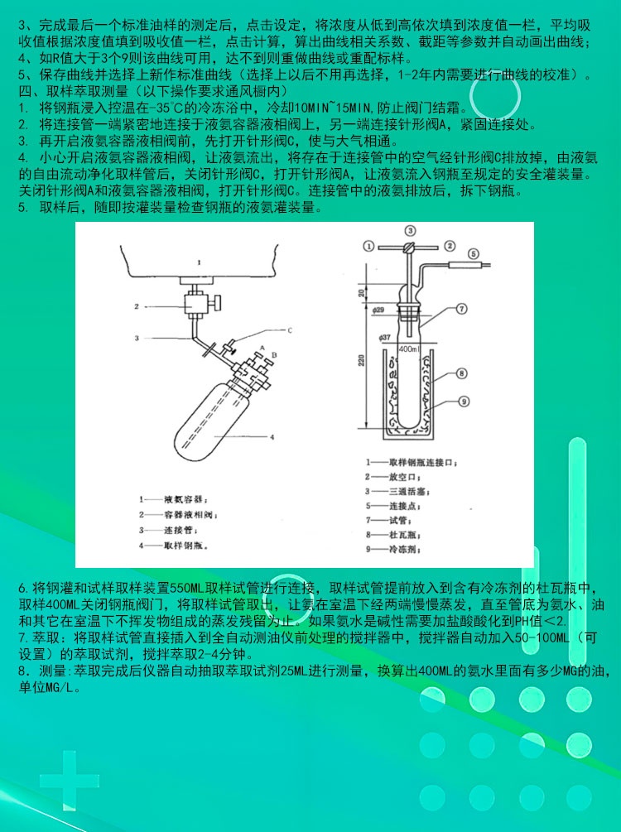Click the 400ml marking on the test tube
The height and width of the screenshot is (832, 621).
tap(408, 349)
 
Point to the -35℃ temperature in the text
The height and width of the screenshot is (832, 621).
tap(170, 108)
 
